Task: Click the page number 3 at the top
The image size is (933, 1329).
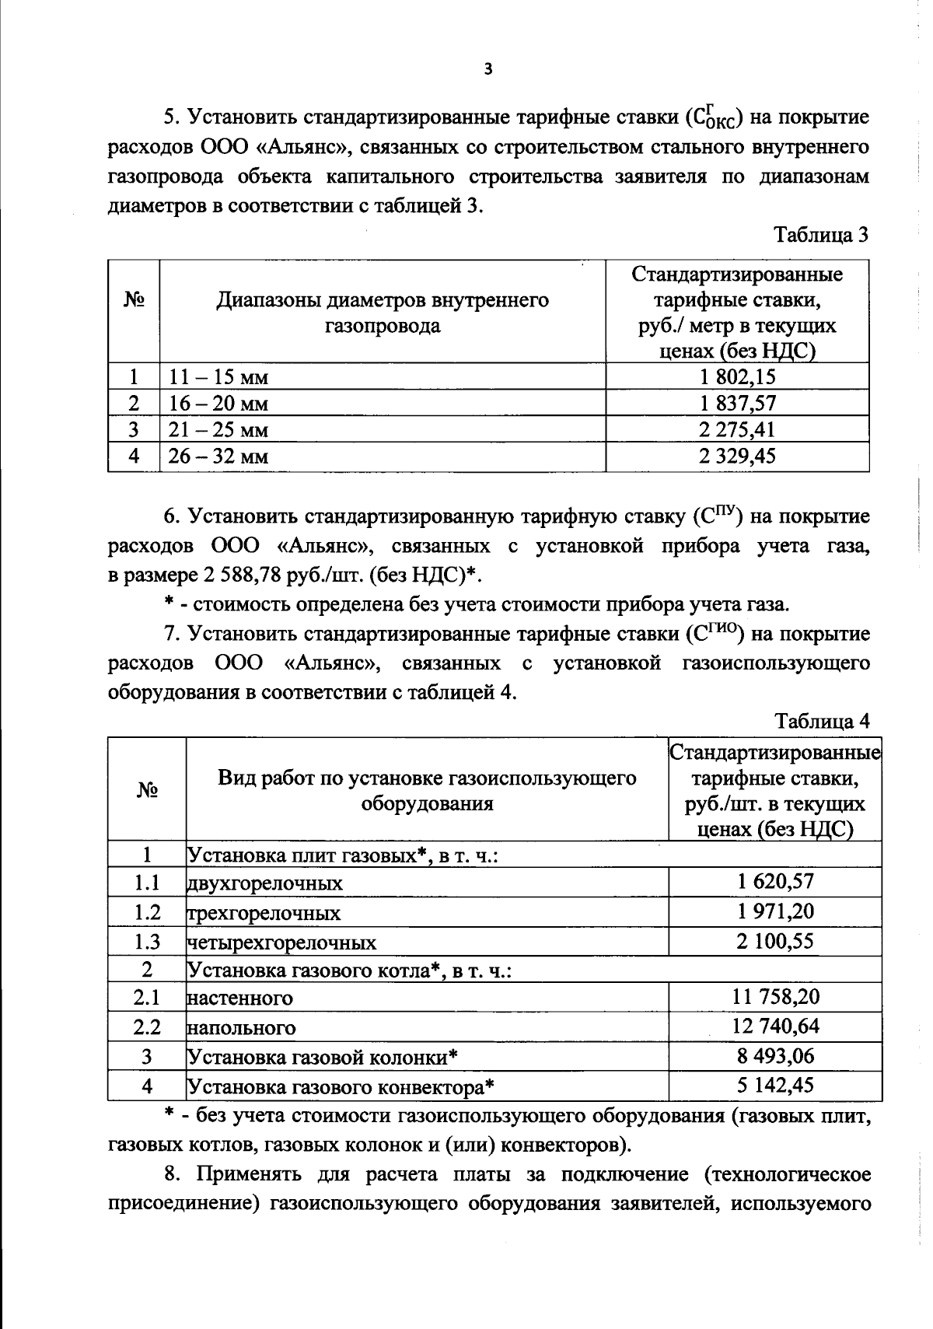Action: click(x=487, y=69)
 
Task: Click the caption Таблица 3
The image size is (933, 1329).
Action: click(x=820, y=234)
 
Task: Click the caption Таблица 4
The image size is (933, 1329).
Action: click(x=822, y=722)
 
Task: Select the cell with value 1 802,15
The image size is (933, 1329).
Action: click(x=737, y=377)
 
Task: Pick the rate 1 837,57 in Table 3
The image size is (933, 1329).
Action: click(x=737, y=404)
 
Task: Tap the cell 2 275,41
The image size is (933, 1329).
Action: click(x=737, y=429)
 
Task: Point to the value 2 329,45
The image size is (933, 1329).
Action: click(x=737, y=456)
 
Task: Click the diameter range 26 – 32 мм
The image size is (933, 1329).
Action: click(x=218, y=456)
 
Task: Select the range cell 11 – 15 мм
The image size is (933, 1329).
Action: click(x=218, y=378)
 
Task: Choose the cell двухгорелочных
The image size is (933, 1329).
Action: click(x=265, y=884)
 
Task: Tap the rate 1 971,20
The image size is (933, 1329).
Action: click(x=774, y=911)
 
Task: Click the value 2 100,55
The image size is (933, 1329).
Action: click(x=774, y=942)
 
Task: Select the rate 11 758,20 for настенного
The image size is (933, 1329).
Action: click(x=774, y=996)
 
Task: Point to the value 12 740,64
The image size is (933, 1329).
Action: click(x=774, y=1026)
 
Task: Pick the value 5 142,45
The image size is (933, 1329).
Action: click(x=774, y=1086)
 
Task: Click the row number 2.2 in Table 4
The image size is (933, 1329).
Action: click(x=146, y=1027)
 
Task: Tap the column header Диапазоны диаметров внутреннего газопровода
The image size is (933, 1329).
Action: click(x=382, y=313)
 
